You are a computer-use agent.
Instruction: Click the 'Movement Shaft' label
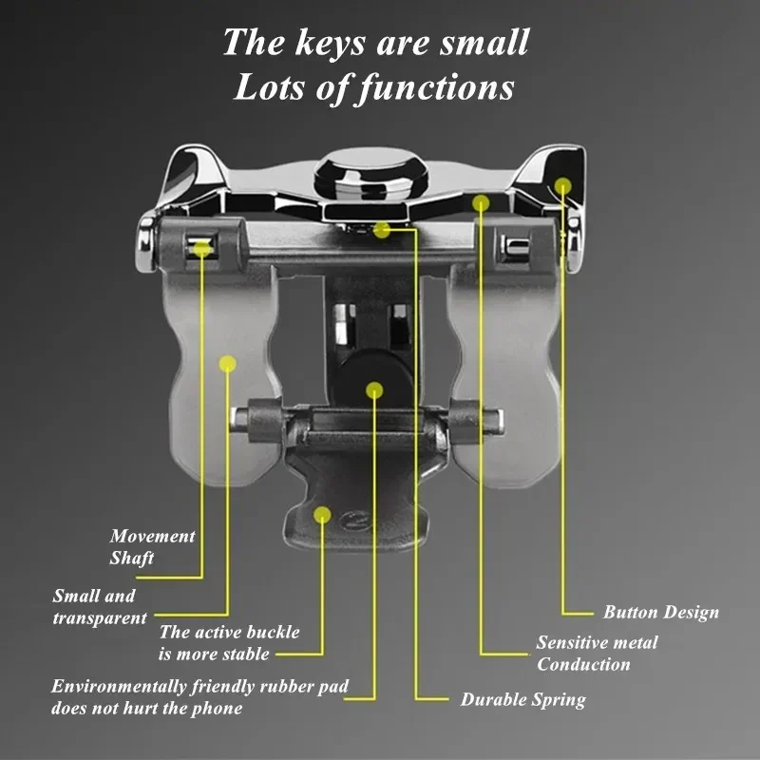(152, 547)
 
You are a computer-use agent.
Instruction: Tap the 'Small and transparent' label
(100, 606)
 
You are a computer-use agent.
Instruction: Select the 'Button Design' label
(661, 612)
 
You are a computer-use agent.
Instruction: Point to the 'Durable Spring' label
(523, 699)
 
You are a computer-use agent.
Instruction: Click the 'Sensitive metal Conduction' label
(597, 653)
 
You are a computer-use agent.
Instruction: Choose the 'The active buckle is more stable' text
(229, 643)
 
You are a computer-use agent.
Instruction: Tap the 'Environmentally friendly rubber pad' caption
(199, 687)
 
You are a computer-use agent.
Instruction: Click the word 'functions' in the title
(436, 87)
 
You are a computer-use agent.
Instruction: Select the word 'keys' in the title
(330, 44)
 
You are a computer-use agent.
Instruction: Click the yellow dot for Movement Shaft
(202, 249)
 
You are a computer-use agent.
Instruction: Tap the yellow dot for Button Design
(562, 186)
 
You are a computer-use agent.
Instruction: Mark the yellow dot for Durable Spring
(382, 230)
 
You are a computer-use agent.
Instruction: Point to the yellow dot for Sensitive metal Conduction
(481, 203)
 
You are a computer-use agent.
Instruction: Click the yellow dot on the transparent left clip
(227, 364)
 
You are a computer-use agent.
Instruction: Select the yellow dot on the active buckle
(322, 515)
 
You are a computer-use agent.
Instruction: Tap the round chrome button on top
(371, 174)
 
